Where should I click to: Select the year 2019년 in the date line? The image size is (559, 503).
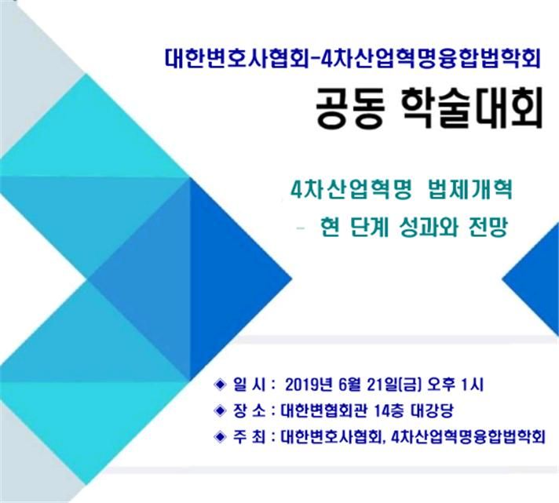click(x=307, y=385)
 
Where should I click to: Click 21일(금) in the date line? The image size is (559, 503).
click(x=396, y=385)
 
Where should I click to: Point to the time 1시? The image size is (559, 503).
click(x=480, y=385)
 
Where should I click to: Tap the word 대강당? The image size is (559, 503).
click(x=433, y=410)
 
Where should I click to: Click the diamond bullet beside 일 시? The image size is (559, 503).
click(x=217, y=384)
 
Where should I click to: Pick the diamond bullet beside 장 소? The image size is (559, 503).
click(x=217, y=410)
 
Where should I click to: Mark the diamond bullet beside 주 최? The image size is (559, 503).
click(x=217, y=436)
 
